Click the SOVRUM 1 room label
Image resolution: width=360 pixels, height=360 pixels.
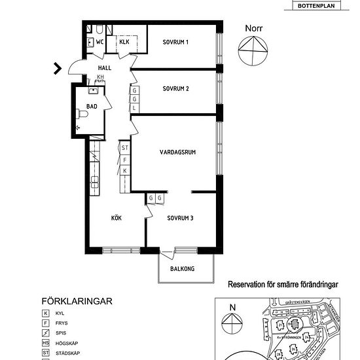tap(175, 43)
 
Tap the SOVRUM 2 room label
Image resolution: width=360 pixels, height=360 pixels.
tap(175, 88)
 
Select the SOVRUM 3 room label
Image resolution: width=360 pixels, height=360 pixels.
tap(180, 218)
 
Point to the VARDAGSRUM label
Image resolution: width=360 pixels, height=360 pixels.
tap(178, 152)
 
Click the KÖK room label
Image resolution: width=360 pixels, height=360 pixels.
tap(117, 218)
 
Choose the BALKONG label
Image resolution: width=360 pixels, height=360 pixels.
tap(186, 268)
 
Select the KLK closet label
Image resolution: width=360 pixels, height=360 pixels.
tap(124, 43)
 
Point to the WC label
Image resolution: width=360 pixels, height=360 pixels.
tap(100, 43)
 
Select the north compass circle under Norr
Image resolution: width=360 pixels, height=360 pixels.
tap(253, 52)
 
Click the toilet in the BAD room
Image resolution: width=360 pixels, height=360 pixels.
tap(82, 115)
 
